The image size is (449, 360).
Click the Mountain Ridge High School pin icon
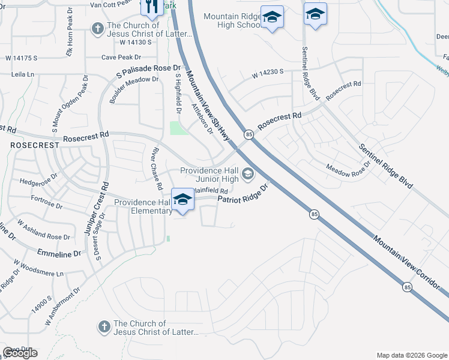[272, 17]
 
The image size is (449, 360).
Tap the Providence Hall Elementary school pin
[182, 200]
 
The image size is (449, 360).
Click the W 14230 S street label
[268, 74]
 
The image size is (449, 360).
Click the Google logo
[20, 353]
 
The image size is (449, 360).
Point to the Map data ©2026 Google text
[411, 355]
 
